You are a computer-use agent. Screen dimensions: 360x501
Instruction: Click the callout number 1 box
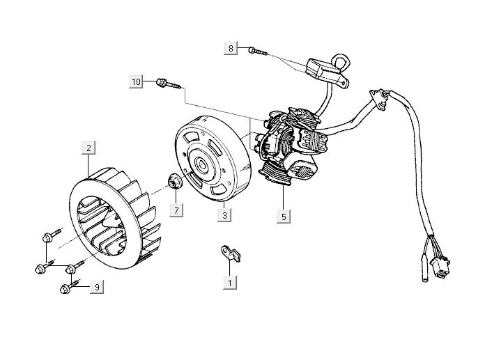pyautogui.click(x=229, y=283)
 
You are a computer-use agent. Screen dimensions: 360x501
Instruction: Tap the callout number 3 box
pyautogui.click(x=224, y=216)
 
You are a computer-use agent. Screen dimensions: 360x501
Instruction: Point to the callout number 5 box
pyautogui.click(x=283, y=216)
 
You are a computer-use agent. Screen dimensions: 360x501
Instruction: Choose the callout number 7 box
pyautogui.click(x=176, y=210)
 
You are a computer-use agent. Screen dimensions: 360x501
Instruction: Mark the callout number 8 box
pyautogui.click(x=231, y=48)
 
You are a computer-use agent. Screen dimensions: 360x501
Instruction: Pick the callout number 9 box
pyautogui.click(x=97, y=286)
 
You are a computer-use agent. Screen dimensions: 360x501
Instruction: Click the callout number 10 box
pyautogui.click(x=137, y=82)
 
